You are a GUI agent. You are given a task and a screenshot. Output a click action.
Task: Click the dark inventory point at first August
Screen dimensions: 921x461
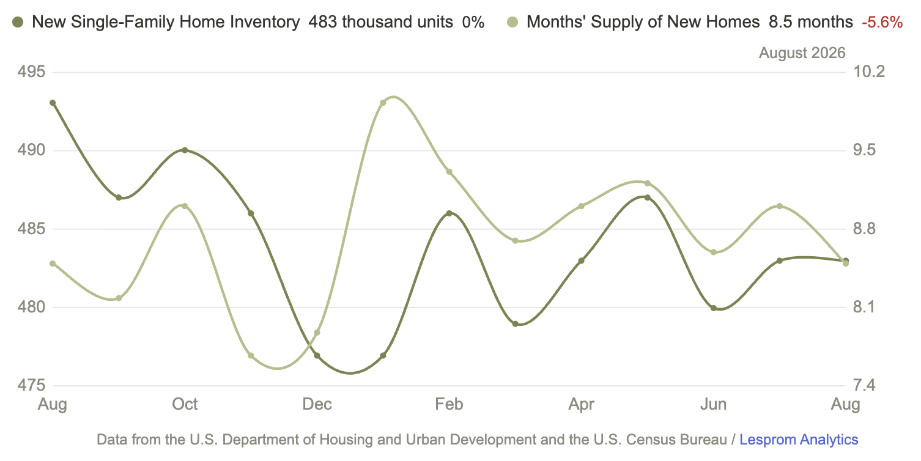53,103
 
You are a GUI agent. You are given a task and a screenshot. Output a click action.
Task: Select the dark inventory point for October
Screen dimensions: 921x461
185,150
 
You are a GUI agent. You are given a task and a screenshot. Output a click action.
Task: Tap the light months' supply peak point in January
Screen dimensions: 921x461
383,103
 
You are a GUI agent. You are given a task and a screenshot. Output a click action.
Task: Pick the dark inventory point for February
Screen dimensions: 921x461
449,213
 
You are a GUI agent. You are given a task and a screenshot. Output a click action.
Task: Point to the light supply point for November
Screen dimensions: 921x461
251,355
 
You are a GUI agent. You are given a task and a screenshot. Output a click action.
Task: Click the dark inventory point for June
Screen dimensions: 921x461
713,308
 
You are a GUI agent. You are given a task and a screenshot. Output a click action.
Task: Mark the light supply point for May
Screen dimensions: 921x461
647,183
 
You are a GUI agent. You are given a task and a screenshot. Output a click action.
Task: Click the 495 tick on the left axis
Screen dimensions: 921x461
31,72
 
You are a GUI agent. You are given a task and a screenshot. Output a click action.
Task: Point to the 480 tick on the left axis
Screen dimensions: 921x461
31,307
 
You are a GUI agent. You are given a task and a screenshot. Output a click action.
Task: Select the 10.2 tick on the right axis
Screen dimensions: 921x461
869,72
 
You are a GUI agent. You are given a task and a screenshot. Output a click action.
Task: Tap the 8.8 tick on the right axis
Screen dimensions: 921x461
864,229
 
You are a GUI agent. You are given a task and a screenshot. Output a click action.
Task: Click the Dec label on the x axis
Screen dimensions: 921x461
317,404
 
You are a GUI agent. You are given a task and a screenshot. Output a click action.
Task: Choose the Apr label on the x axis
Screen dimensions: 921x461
582,405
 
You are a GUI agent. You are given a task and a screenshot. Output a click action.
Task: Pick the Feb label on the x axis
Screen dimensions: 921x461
449,404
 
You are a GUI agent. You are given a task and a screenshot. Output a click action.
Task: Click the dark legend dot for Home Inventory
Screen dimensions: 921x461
18,22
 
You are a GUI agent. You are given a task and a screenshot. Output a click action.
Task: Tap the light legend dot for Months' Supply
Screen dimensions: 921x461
512,22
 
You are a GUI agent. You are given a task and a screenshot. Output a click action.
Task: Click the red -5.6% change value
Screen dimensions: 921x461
882,22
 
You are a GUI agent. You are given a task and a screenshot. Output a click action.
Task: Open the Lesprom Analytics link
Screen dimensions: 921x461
799,440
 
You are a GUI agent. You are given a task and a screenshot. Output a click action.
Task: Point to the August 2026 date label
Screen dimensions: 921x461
802,53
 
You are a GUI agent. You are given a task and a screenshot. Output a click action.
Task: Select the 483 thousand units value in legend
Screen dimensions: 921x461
381,22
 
